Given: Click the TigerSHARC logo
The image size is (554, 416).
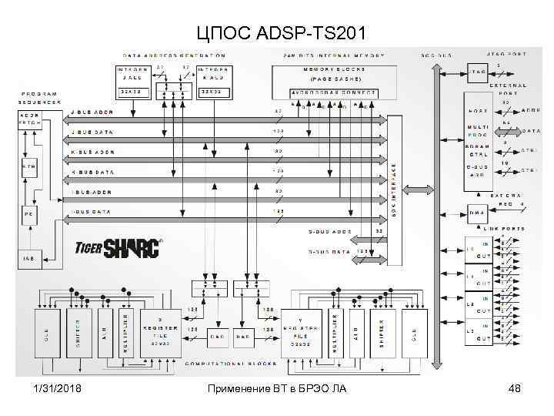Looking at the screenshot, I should click(118, 248).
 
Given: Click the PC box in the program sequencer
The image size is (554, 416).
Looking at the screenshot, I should click(28, 213).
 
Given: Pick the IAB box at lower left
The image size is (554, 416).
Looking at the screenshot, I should click(28, 257).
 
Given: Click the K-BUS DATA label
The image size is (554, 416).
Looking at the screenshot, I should click(92, 171).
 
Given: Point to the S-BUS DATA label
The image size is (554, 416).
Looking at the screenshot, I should click(329, 251).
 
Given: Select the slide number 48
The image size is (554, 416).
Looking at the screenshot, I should click(515, 387).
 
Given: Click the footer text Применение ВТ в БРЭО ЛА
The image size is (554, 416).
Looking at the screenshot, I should click(277, 387).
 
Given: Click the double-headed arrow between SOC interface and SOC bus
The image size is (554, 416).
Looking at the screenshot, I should click(418, 190).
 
